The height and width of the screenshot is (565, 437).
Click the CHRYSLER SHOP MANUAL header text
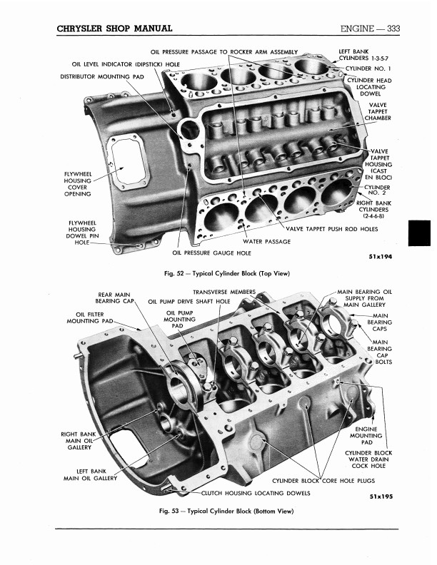click(x=114, y=29)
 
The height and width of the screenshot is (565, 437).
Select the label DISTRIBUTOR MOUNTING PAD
click(x=101, y=76)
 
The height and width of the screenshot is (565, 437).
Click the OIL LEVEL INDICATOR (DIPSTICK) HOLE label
click(x=126, y=64)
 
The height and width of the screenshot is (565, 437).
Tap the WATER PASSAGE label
click(x=267, y=241)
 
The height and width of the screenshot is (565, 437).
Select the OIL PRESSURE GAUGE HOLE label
click(x=211, y=252)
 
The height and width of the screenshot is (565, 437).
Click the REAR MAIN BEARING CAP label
click(x=116, y=297)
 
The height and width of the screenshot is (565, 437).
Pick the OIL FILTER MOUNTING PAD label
click(x=91, y=317)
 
